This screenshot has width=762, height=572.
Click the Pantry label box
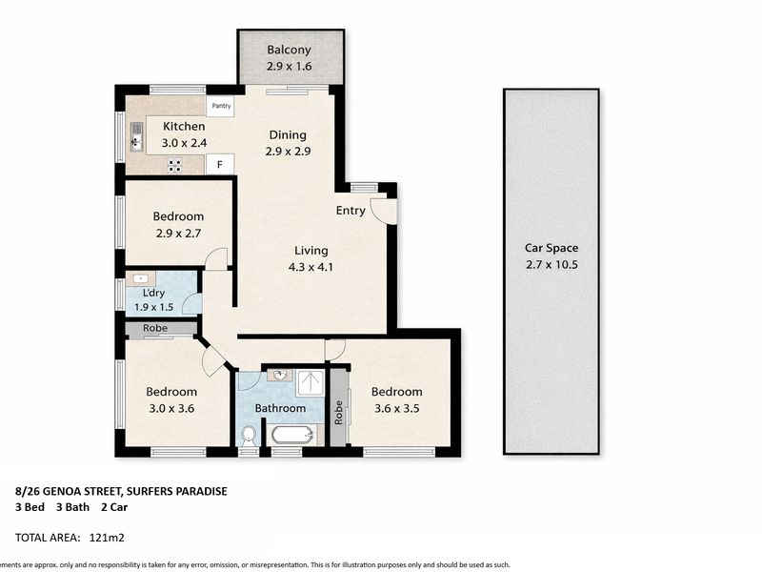click(x=220, y=106)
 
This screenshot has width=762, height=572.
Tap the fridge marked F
click(x=220, y=164)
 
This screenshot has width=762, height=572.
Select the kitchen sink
click(x=136, y=136)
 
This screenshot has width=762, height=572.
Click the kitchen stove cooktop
click(x=175, y=165)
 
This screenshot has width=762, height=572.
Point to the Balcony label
click(x=289, y=50)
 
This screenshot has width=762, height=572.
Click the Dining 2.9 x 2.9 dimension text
click(x=288, y=152)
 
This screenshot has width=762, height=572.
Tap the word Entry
click(x=351, y=211)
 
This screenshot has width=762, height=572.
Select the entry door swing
click(x=384, y=211)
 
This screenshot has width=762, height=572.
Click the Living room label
click(x=311, y=251)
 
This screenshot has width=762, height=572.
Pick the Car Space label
click(x=551, y=248)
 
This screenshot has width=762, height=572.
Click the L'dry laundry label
click(x=153, y=293)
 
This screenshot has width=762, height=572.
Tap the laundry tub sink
click(x=140, y=278)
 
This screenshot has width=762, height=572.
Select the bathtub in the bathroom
click(x=291, y=435)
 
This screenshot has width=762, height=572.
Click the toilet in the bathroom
click(x=249, y=436)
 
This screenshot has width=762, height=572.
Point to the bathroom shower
click(x=311, y=384)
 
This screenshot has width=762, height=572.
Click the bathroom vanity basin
click(x=280, y=376)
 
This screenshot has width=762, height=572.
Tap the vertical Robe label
click(x=339, y=413)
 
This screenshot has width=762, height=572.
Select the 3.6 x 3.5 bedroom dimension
click(x=396, y=409)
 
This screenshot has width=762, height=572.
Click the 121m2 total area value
click(x=107, y=538)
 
